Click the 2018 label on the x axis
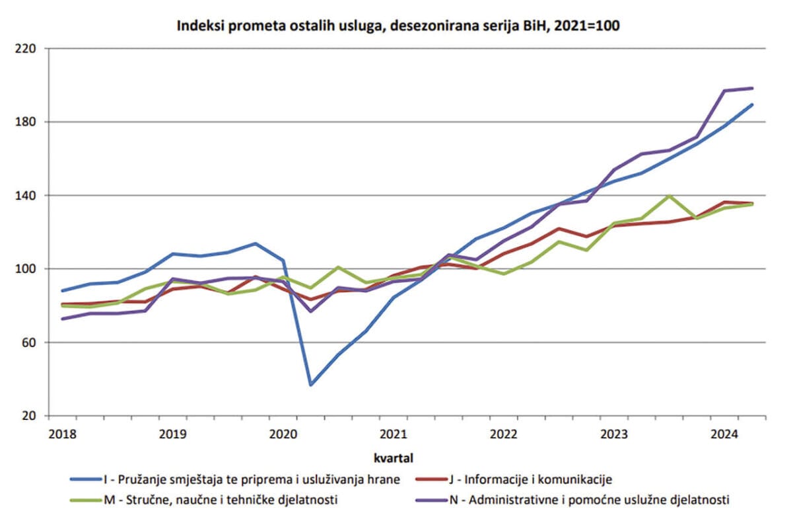pos(63,434)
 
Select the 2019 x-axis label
pos(172,434)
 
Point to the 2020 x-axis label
pos(283,434)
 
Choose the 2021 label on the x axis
pos(393,434)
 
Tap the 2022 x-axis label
pos(503,434)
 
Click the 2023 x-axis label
pos(613,434)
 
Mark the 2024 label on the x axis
pos(724,434)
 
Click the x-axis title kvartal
pos(394,456)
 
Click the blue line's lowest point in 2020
pos(310,384)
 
